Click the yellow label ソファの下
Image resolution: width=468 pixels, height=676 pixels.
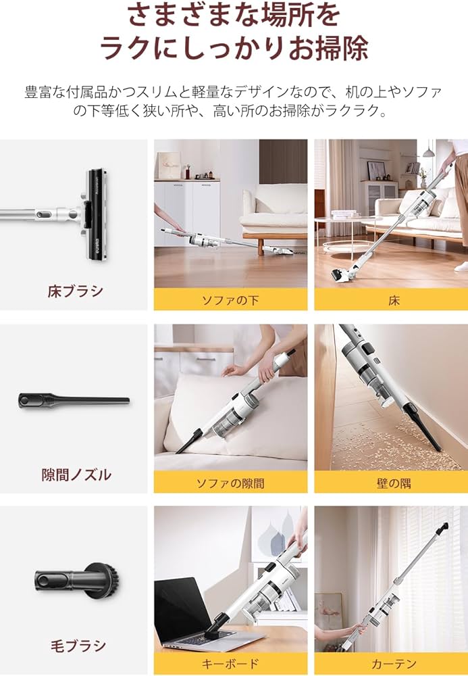tap(230, 299)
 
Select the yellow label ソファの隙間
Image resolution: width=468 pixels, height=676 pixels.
tap(230, 483)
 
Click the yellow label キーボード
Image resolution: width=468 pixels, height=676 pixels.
tap(230, 664)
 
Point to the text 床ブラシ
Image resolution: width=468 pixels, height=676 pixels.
tap(76, 291)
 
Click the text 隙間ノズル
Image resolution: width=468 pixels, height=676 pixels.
tap(76, 475)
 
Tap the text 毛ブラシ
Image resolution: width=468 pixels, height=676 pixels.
tap(76, 646)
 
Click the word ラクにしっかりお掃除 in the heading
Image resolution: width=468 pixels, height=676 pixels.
tap(234, 48)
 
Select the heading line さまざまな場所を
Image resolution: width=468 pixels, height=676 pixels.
tap(234, 14)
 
